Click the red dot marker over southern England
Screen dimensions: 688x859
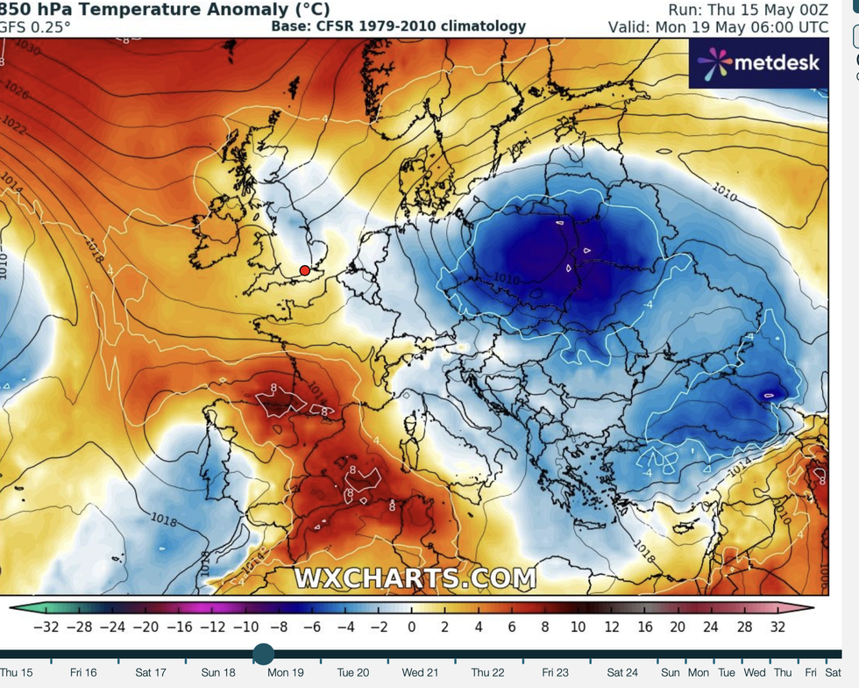point(305,270)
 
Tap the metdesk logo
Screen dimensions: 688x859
point(759,62)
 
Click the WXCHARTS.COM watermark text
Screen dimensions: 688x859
point(415,578)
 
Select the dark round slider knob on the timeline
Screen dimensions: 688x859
point(263,653)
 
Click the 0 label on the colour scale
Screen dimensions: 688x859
point(411,627)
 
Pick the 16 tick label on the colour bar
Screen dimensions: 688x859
point(645,627)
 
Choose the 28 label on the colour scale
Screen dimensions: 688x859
point(745,627)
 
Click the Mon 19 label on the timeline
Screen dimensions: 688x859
point(286,673)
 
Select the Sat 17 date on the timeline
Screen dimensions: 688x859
point(151,673)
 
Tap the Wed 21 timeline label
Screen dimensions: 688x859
point(421,673)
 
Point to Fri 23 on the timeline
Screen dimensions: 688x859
point(555,673)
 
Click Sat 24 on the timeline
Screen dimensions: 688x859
point(622,673)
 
